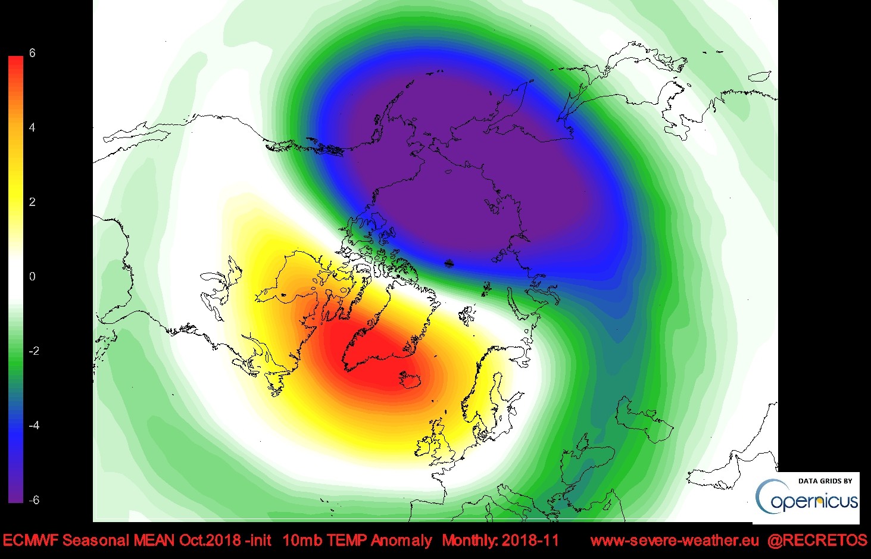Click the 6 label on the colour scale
tap(32, 53)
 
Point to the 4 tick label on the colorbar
tap(32, 127)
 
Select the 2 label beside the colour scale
tap(32, 202)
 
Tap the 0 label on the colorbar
tap(32, 276)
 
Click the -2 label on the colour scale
tap(33, 351)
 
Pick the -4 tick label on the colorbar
tap(33, 425)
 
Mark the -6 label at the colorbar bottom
tap(33, 499)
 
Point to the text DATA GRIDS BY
tap(825, 480)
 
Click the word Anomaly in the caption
tap(402, 541)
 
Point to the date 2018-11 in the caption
tap(530, 541)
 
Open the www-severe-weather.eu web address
tap(675, 541)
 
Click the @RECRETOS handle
tap(817, 541)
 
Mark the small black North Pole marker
tap(449, 263)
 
